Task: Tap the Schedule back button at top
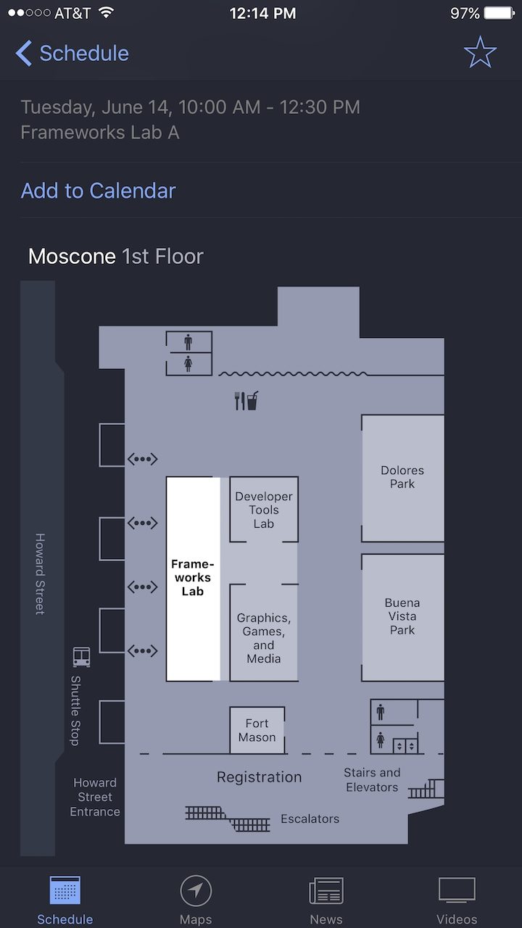pyautogui.click(x=72, y=54)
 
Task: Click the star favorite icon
pyautogui.click(x=480, y=52)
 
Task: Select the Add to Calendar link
pyautogui.click(x=98, y=191)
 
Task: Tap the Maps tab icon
pyautogui.click(x=196, y=890)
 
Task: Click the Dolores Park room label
pyautogui.click(x=402, y=477)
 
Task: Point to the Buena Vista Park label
pyautogui.click(x=402, y=616)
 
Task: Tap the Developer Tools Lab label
pyautogui.click(x=264, y=510)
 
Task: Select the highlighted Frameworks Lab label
pyautogui.click(x=193, y=578)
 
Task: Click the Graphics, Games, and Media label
pyautogui.click(x=264, y=638)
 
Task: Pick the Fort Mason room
pyautogui.click(x=257, y=730)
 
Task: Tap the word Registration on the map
pyautogui.click(x=260, y=777)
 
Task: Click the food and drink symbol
pyautogui.click(x=246, y=401)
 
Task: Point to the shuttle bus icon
pyautogui.click(x=82, y=657)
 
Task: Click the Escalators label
pyautogui.click(x=310, y=819)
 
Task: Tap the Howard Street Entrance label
pyautogui.click(x=95, y=797)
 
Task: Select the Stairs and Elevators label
pyautogui.click(x=372, y=779)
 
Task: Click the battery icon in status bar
pyautogui.click(x=500, y=13)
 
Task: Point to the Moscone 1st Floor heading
pyautogui.click(x=116, y=257)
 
